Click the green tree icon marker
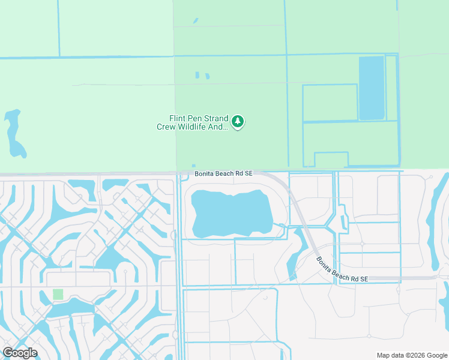pyautogui.click(x=238, y=122)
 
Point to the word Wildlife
pyautogui.click(x=199, y=127)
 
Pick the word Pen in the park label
pyautogui.click(x=196, y=119)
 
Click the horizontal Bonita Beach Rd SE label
pyautogui.click(x=224, y=173)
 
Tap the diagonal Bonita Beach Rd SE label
pyautogui.click(x=342, y=269)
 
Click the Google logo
pyautogui.click(x=20, y=353)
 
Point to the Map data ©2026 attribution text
pyautogui.click(x=411, y=355)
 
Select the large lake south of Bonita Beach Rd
pyautogui.click(x=231, y=213)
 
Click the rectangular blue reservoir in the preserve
pyautogui.click(x=371, y=88)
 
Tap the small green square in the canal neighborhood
pyautogui.click(x=58, y=294)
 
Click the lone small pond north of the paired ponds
pyautogui.click(x=196, y=21)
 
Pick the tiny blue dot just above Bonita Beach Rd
pyautogui.click(x=193, y=166)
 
